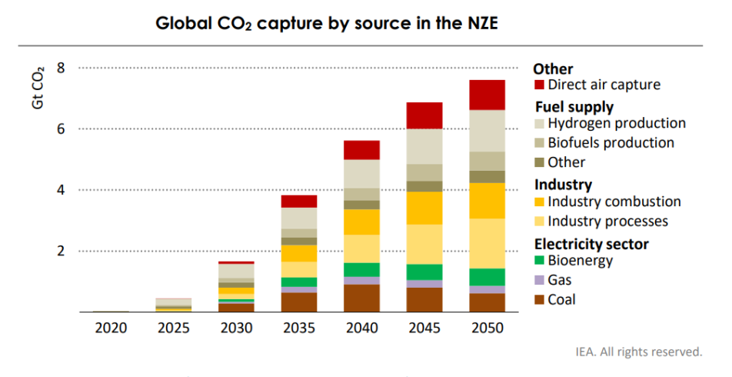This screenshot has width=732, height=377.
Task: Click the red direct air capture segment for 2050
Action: (x=486, y=95)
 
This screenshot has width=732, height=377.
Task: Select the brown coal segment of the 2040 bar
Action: (x=361, y=298)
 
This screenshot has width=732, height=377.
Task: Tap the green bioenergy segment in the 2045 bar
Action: (x=424, y=272)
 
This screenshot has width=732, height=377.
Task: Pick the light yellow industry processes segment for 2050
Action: (x=486, y=243)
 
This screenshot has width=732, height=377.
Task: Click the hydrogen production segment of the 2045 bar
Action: (x=424, y=146)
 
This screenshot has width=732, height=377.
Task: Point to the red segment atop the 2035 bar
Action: (x=299, y=201)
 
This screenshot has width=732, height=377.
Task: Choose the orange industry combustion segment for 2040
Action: (x=361, y=222)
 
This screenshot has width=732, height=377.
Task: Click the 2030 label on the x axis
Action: (x=237, y=329)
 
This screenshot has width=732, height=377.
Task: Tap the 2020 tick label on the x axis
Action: (x=111, y=329)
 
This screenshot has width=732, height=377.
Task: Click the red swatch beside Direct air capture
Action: (x=540, y=85)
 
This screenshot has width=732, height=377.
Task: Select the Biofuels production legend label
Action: (x=611, y=142)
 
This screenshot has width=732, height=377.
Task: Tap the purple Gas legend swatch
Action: (x=540, y=280)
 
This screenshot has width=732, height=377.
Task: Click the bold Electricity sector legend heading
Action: (x=591, y=244)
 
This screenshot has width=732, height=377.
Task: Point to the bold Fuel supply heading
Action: (x=573, y=106)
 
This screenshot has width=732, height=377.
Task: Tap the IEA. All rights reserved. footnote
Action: (x=639, y=352)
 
